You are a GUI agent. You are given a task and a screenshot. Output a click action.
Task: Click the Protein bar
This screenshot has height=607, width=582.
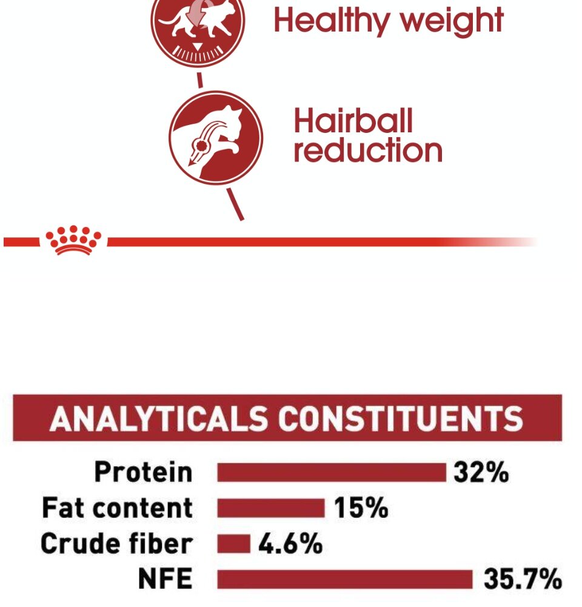[332, 472]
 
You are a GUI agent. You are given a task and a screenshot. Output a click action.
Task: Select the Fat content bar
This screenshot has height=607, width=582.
[271, 508]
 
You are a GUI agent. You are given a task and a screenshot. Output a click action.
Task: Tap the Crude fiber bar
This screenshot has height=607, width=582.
[233, 543]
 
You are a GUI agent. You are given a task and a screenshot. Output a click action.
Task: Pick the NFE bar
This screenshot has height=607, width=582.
[345, 579]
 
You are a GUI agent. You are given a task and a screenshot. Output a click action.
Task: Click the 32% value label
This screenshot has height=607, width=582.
[481, 472]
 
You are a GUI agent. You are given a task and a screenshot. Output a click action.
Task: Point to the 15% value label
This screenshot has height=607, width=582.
[361, 507]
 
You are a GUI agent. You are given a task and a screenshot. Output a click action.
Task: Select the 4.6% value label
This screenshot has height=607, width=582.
[290, 543]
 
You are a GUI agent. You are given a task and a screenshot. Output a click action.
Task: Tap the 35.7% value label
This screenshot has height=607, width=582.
[523, 578]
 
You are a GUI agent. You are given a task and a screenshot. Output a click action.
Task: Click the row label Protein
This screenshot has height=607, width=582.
[143, 472]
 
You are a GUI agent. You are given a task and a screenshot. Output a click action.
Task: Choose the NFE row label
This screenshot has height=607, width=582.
[165, 578]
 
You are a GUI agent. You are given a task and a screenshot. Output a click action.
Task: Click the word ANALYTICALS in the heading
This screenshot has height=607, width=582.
[158, 418]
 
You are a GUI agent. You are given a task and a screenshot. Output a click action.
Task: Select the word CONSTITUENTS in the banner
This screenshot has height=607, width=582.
[401, 418]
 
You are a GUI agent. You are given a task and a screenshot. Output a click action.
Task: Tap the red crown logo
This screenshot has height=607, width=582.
[73, 240]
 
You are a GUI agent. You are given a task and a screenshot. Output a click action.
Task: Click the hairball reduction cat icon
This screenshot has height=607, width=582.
[216, 138]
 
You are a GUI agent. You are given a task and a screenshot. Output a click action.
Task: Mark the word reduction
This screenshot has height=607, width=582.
[368, 150]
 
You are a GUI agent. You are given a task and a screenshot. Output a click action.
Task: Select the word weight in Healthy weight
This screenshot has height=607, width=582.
[452, 21]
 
